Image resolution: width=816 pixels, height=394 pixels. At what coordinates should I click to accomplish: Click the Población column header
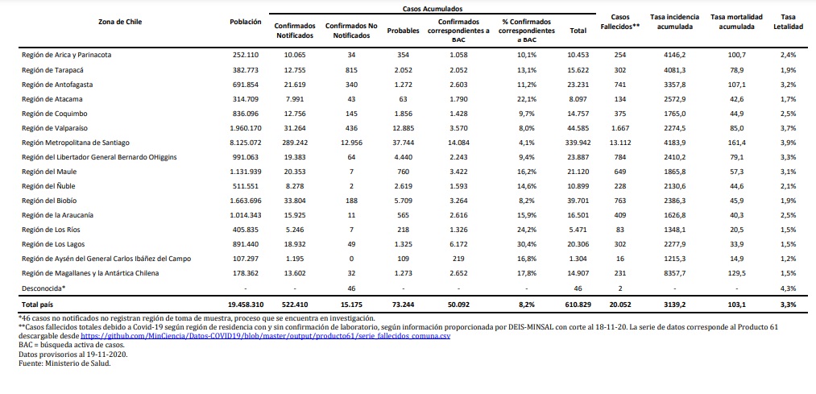click(245, 22)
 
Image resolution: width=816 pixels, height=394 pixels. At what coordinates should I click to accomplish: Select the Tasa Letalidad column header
click(789, 22)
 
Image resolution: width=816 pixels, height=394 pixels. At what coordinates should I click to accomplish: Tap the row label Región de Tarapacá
click(53, 69)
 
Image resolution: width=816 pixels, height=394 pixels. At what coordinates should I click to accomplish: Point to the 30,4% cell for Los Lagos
click(526, 244)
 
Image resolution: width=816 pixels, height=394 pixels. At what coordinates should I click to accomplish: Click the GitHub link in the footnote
click(265, 336)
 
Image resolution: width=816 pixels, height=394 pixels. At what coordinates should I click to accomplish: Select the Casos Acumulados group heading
click(433, 9)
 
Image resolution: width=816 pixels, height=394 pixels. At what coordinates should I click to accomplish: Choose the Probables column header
click(404, 31)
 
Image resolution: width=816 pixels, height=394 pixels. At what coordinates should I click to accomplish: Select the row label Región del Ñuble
click(48, 186)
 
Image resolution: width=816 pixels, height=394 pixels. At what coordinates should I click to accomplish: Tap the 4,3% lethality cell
click(789, 288)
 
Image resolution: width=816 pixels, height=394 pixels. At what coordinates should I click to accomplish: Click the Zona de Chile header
click(120, 22)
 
